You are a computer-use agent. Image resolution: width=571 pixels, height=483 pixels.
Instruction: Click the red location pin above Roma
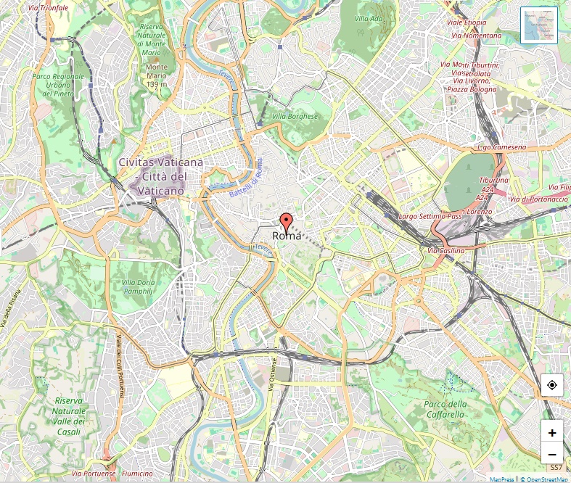pyautogui.click(x=287, y=222)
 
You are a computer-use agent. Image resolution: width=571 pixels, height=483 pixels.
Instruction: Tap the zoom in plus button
pyautogui.click(x=552, y=432)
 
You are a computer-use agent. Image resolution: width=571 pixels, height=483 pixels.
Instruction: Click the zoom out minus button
pyautogui.click(x=552, y=454)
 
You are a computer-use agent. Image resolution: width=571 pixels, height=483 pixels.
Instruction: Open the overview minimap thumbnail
pyautogui.click(x=539, y=25)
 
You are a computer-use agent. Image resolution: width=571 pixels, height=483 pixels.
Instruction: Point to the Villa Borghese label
pyautogui.click(x=295, y=116)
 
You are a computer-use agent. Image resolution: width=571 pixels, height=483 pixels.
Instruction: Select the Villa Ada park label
pyautogui.click(x=368, y=19)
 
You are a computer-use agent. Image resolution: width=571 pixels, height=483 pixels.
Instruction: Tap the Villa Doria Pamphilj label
pyautogui.click(x=138, y=286)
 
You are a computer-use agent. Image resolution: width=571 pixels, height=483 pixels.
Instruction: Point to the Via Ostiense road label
pyautogui.click(x=274, y=374)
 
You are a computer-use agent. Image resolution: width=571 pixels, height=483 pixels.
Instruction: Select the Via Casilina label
pyautogui.click(x=445, y=250)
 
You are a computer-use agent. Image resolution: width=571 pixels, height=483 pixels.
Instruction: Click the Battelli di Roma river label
pyautogui.click(x=246, y=181)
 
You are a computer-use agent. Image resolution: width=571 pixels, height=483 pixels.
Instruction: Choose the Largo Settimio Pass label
pyautogui.click(x=430, y=216)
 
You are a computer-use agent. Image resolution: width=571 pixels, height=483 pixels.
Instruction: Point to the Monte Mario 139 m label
pyautogui.click(x=156, y=75)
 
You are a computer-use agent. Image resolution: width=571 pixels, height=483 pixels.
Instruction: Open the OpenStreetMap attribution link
pyautogui.click(x=547, y=479)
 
